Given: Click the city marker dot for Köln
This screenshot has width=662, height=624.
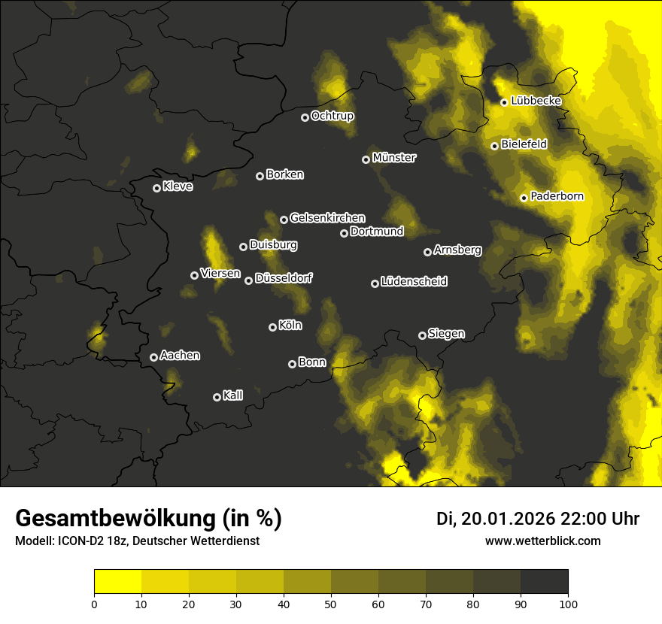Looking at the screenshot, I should tap(272, 327).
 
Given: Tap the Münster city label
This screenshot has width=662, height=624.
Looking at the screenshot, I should tap(393, 158).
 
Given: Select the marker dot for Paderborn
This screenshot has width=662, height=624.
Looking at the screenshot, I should tap(524, 198).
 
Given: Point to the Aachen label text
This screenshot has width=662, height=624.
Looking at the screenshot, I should tap(180, 356).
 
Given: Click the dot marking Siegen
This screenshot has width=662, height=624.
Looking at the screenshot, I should tap(422, 335).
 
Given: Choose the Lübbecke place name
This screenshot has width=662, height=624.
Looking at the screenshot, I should tap(536, 101).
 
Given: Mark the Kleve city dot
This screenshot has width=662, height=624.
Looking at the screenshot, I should tap(156, 188).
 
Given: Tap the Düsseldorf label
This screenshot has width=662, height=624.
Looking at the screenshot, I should tap(284, 278).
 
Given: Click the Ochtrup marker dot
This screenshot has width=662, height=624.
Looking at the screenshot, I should tap(305, 117).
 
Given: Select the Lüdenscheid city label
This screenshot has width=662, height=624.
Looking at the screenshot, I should tap(414, 282).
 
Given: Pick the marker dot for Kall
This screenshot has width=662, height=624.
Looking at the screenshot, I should tap(217, 397).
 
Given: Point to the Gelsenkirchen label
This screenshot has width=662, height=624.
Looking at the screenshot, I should tap(327, 218).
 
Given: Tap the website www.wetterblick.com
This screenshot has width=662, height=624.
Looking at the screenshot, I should tap(542, 541).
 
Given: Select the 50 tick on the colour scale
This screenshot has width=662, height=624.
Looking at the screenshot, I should tap(331, 603).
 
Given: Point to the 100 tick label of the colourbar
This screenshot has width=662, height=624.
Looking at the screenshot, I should tap(568, 603).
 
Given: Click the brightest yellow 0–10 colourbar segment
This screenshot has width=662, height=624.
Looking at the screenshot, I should tap(117, 582).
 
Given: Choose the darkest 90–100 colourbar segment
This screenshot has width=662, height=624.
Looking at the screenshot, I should tap(544, 582).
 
